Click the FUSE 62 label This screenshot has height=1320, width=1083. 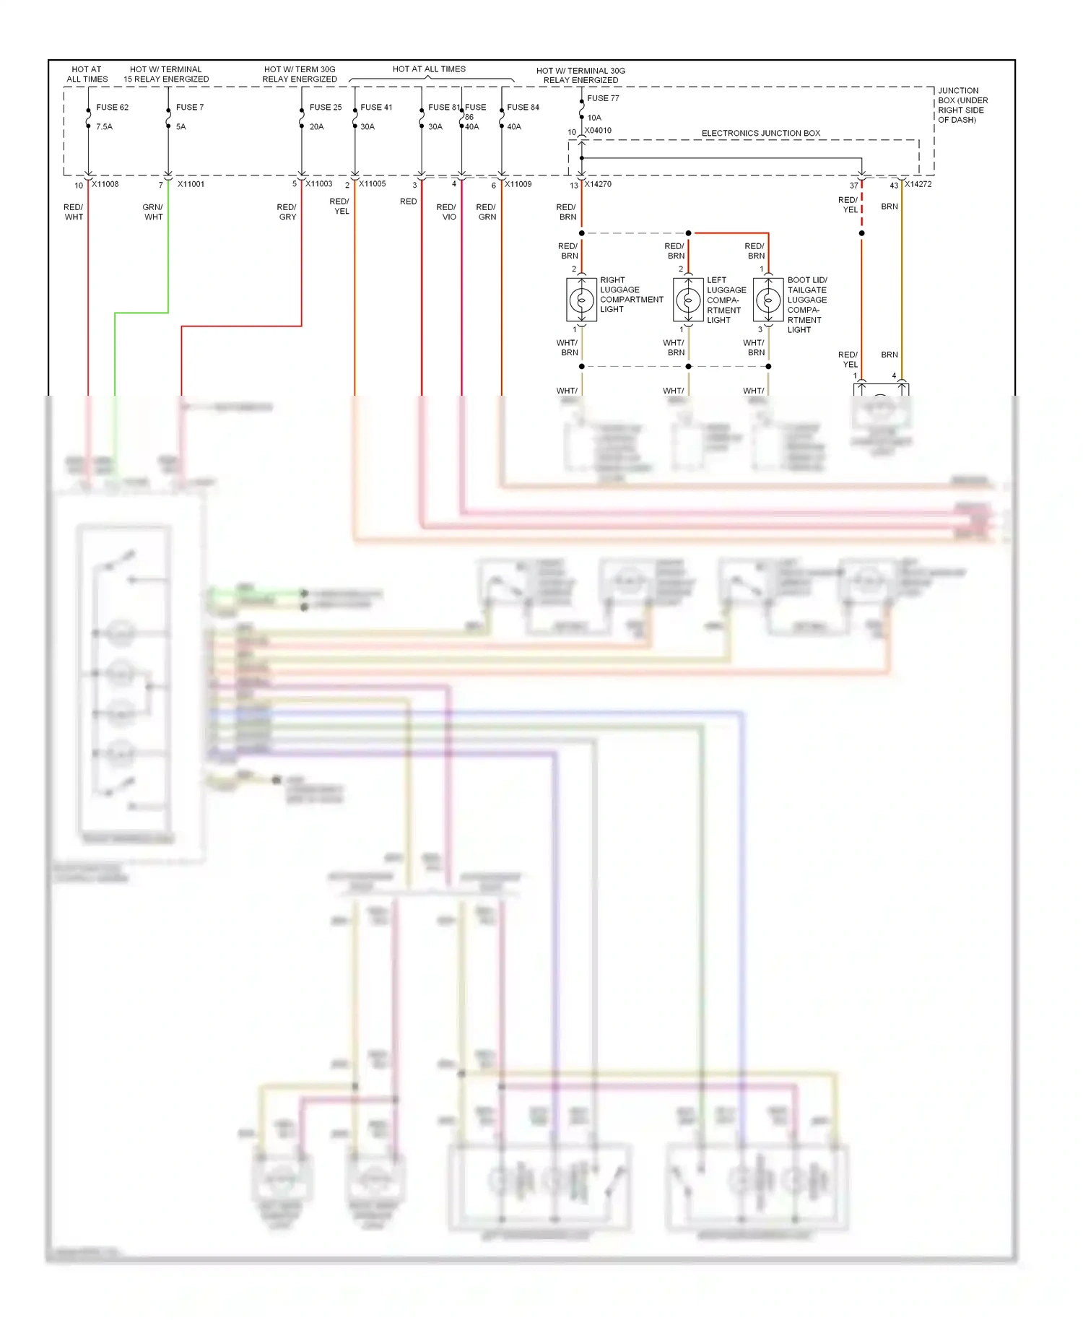tap(112, 107)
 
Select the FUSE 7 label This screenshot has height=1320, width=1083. tap(190, 107)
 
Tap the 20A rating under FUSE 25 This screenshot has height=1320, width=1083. tap(316, 126)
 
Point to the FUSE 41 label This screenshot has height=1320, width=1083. tap(376, 107)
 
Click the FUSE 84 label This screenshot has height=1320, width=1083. tap(523, 107)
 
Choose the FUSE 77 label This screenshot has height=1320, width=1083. tap(603, 98)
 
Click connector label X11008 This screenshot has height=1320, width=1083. tap(105, 184)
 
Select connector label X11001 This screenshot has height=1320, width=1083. tap(191, 184)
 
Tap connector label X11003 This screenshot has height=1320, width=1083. tap(318, 183)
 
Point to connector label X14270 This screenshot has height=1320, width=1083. tap(598, 184)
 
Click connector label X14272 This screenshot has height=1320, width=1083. tap(918, 184)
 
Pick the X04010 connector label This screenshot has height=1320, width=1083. tap(598, 131)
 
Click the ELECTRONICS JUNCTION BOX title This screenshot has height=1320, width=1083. tap(760, 133)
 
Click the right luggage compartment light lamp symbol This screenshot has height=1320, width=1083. tap(581, 300)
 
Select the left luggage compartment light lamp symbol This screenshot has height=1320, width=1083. tap(688, 300)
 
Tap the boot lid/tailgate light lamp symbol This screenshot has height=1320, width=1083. tap(768, 300)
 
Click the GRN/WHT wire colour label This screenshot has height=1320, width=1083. tap(153, 212)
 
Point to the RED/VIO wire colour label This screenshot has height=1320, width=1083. tap(446, 212)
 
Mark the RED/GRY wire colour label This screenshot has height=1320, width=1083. tap(287, 212)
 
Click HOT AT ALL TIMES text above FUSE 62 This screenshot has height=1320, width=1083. tap(87, 74)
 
